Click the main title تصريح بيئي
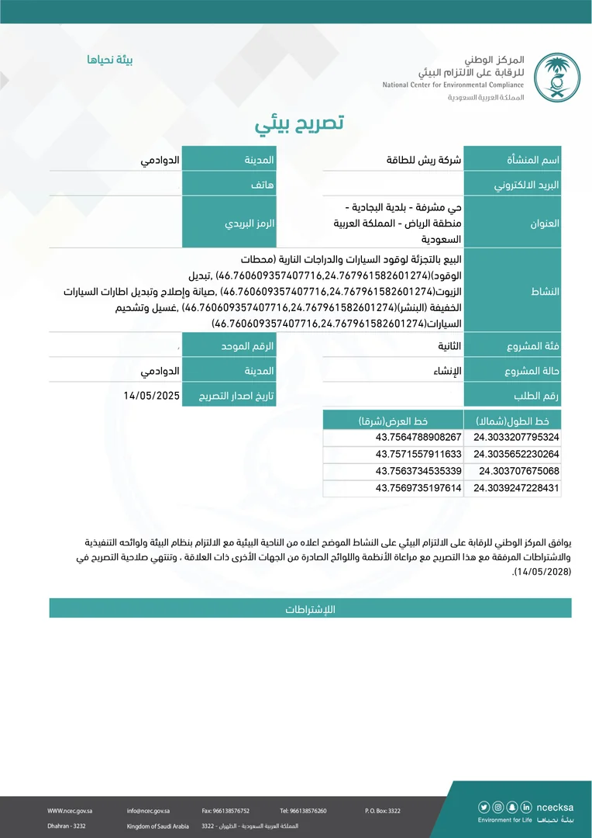coord(299,123)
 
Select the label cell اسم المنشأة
coord(512,159)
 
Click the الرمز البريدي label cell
coord(229,222)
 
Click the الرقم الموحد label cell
coord(229,343)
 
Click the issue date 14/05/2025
coord(151,395)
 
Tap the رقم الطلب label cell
coord(512,395)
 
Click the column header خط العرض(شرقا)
coord(394,421)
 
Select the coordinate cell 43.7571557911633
coord(418,454)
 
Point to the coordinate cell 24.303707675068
coord(518,471)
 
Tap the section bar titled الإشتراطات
coord(309,609)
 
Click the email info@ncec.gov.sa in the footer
coord(148,811)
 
